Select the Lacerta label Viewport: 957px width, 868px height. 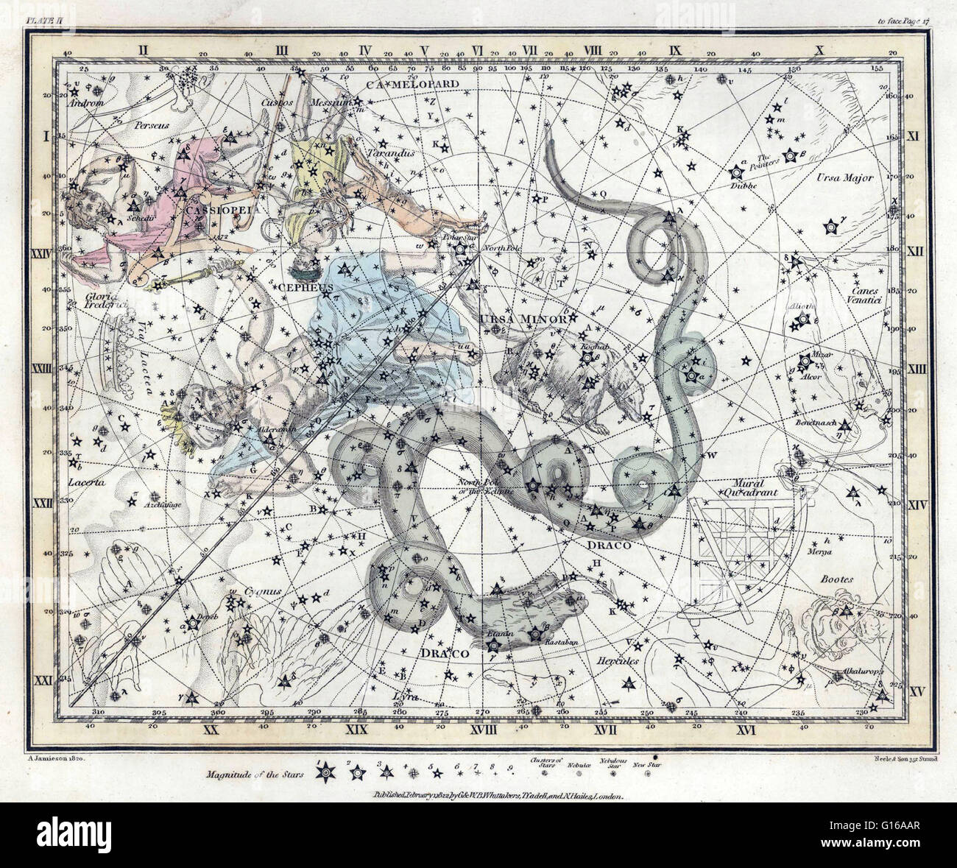[x=85, y=483]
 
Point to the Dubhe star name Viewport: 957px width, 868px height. [x=738, y=187]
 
